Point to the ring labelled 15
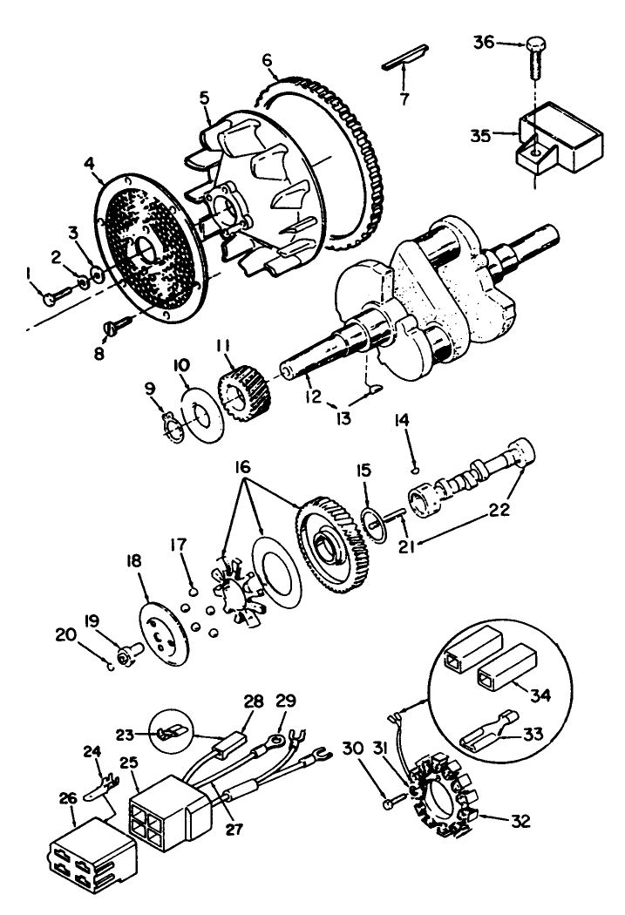[x=375, y=532]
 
